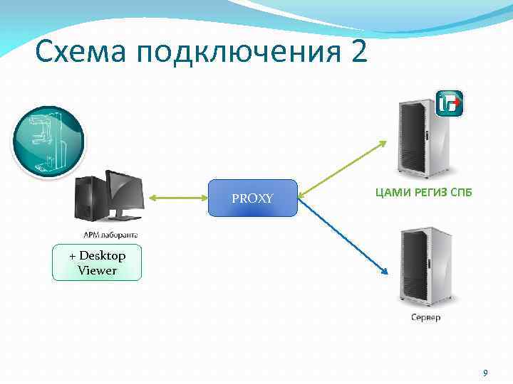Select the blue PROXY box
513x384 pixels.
252,198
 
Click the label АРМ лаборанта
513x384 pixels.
111,235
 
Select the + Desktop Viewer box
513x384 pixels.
97,263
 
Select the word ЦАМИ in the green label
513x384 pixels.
390,192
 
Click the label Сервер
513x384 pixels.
425,317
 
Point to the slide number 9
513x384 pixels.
485,373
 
